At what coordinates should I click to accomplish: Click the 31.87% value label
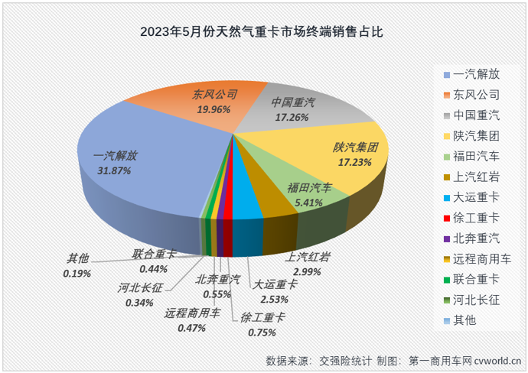[x=114, y=170]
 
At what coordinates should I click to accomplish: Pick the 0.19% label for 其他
[x=77, y=273]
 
